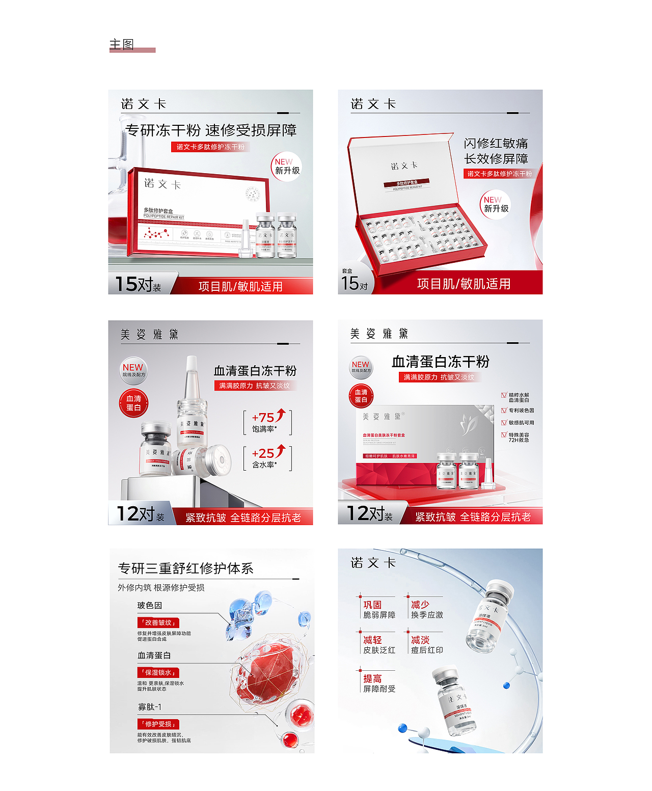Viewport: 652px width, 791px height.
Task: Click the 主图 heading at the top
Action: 122,44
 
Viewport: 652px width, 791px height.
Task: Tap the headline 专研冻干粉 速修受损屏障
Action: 211,130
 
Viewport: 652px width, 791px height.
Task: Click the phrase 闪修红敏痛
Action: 495,144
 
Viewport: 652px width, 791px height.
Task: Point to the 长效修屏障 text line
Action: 495,159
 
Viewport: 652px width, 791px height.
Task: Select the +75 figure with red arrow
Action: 268,417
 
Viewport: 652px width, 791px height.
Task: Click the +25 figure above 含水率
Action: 268,452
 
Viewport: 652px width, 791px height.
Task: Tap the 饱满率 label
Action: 264,429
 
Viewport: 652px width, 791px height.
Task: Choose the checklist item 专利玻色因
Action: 521,411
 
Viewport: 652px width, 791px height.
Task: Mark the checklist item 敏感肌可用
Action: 521,423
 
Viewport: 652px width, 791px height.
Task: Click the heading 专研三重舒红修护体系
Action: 185,568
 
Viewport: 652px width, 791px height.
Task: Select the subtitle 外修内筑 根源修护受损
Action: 161,588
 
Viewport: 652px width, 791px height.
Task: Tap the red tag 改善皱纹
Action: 158,622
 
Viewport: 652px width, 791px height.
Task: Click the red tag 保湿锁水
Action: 158,673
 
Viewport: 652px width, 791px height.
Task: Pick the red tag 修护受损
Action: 158,724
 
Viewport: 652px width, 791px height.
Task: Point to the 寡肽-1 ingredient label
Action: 149,707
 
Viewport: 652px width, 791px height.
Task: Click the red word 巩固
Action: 372,605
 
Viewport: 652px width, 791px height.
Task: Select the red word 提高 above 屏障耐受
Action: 372,679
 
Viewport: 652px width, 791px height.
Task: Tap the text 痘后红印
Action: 427,650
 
